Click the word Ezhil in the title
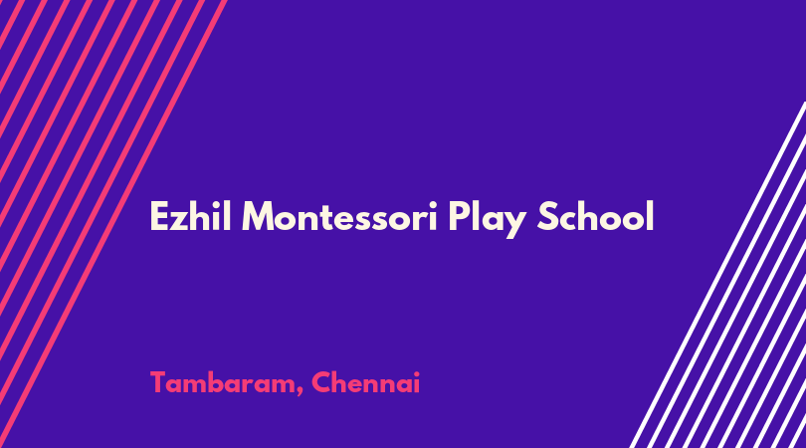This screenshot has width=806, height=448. click(190, 216)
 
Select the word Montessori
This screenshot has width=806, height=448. click(339, 217)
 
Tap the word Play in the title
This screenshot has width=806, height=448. click(487, 219)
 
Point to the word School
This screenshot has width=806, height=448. click(595, 216)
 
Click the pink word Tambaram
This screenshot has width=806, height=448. click(223, 382)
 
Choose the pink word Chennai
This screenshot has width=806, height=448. click(365, 382)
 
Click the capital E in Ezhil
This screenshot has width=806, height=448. click(159, 217)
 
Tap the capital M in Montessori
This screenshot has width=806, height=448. click(258, 217)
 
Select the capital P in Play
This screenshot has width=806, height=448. click(458, 217)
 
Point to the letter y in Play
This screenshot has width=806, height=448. click(514, 224)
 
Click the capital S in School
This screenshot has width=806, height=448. click(547, 217)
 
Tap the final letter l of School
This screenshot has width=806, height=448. click(650, 215)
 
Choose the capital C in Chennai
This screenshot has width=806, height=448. click(321, 382)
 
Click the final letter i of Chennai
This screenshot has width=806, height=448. click(416, 382)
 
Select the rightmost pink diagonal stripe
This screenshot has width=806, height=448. click(113, 224)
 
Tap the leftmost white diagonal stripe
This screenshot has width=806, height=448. click(717, 275)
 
